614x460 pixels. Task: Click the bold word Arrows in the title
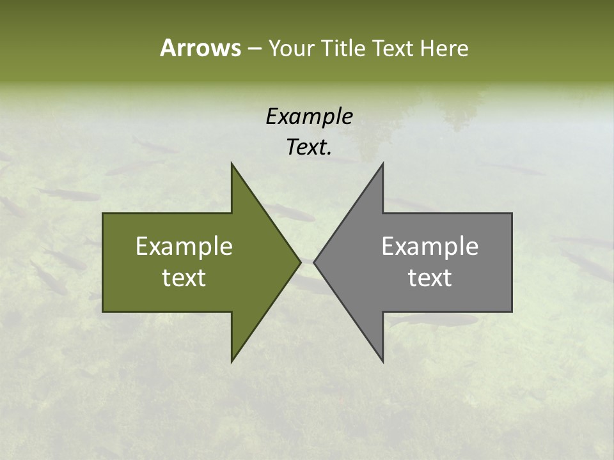coord(200,48)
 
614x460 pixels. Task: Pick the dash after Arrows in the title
coord(254,49)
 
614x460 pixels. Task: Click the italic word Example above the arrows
coord(309,116)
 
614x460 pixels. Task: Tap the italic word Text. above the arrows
coord(309,148)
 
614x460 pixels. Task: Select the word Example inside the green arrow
coord(184,247)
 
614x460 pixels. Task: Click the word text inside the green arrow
coord(184,278)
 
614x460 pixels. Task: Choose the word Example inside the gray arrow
coord(430,247)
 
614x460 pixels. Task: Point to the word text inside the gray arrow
coord(430,278)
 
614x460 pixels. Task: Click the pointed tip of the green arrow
coord(299,261)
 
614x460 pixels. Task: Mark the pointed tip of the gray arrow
coord(315,261)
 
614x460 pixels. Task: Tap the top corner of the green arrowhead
coord(232,164)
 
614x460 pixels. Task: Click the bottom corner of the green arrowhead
coord(232,361)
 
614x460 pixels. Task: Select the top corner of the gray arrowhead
coord(382,164)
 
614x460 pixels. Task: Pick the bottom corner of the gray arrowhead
coord(382,361)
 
